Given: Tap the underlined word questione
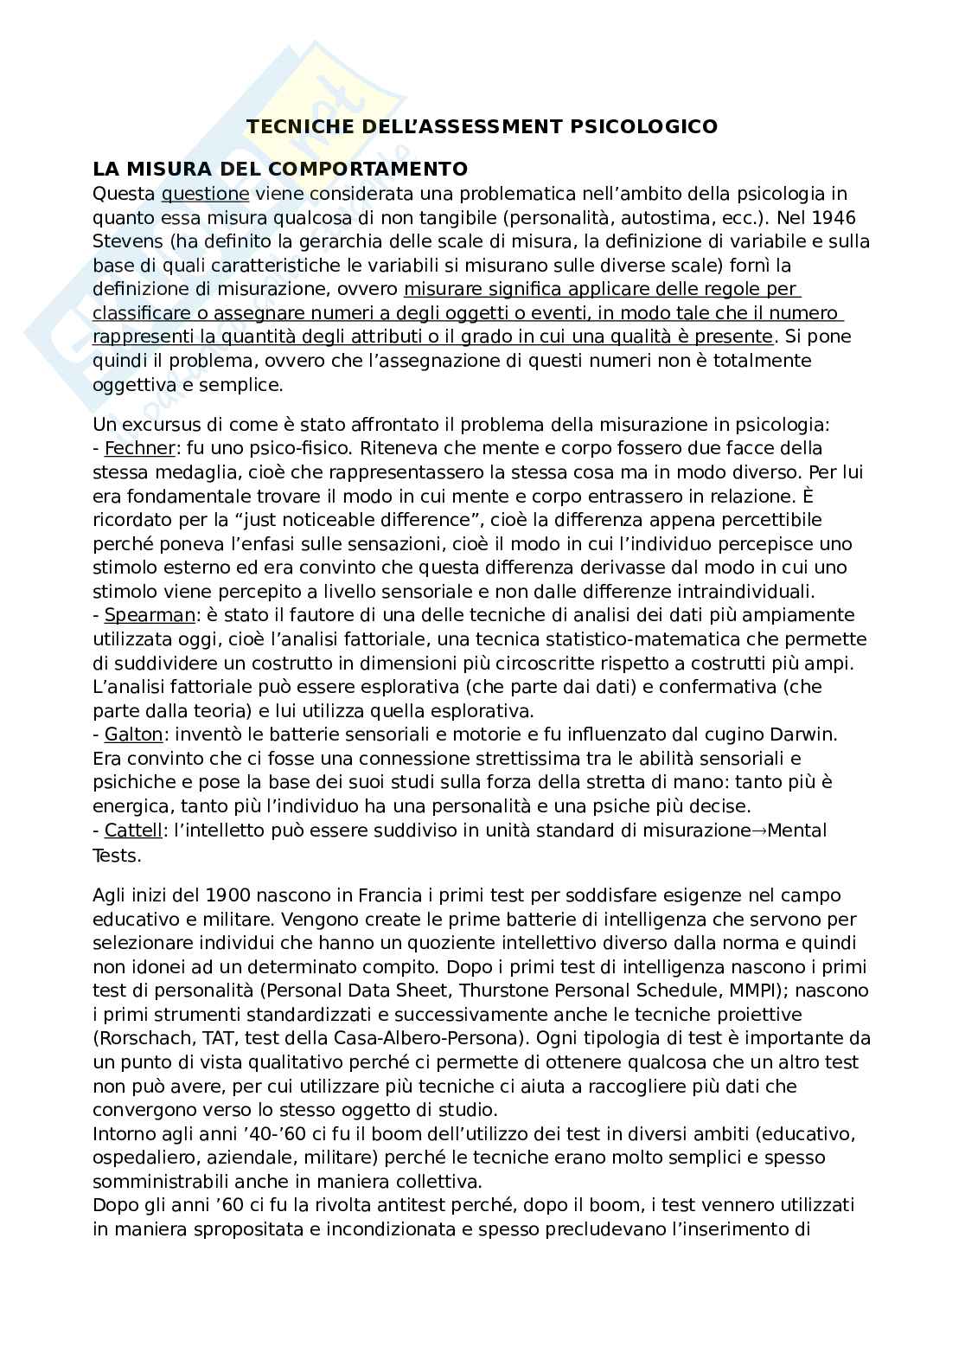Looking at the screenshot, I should click(x=205, y=193).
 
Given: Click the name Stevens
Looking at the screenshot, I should click(x=123, y=240).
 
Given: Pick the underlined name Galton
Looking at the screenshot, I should click(x=132, y=734).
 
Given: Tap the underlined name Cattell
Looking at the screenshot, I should click(x=132, y=831).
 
